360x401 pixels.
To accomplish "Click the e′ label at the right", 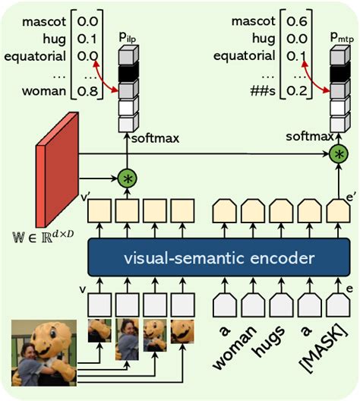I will point(352,197).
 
